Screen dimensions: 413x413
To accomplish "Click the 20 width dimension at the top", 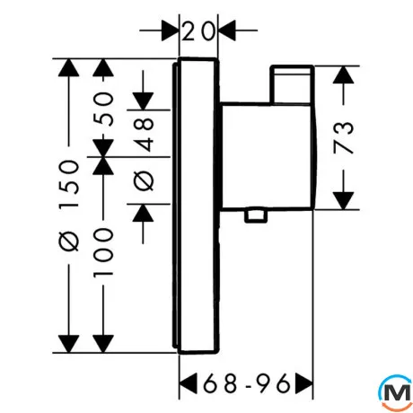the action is [198, 31].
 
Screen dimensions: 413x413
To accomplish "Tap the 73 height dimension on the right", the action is [344, 137].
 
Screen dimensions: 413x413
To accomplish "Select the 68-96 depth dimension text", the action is [247, 383].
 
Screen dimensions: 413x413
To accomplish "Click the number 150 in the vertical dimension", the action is [69, 184].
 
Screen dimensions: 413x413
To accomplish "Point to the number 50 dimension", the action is [103, 109].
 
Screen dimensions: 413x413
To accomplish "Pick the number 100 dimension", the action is [103, 252].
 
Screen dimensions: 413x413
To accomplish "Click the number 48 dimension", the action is [144, 134].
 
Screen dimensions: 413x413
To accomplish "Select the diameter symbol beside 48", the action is [144, 180].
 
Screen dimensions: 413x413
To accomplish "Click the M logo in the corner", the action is [396, 392].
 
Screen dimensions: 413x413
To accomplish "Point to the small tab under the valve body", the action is [256, 215].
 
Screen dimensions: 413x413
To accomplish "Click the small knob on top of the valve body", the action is [292, 84].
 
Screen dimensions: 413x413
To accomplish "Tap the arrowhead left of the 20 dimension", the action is [170, 31].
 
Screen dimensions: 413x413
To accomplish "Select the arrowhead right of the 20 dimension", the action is [227, 31].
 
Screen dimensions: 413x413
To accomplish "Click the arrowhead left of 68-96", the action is [189, 383].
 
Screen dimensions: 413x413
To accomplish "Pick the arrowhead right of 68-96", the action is [303, 383].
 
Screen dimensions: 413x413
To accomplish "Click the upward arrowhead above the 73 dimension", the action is [344, 75].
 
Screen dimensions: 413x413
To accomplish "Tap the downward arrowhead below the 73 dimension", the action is [344, 201].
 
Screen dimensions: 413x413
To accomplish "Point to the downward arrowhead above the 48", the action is [144, 101].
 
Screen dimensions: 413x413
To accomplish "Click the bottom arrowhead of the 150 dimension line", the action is [69, 344].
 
